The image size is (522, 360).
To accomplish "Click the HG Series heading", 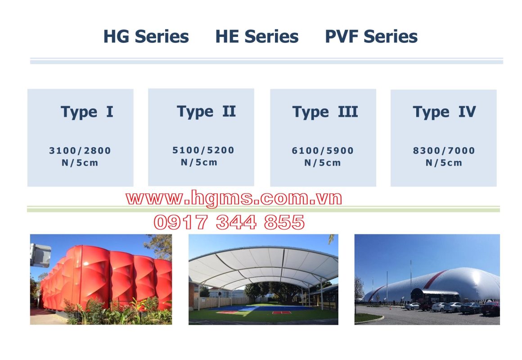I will (146, 36).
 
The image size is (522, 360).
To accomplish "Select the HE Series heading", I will (256, 36).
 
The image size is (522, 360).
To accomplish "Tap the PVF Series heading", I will (371, 36).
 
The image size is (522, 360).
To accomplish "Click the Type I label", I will (87, 112).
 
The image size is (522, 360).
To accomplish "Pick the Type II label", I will (206, 111).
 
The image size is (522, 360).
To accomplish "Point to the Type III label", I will (325, 112).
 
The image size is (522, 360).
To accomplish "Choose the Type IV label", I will (444, 112).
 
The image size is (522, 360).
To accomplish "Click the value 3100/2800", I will (80, 151).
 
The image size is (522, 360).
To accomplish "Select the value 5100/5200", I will (203, 150).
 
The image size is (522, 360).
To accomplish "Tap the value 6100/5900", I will (323, 151).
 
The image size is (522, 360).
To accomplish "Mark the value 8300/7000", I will (444, 151).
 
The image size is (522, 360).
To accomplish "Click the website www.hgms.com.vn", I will (234, 198).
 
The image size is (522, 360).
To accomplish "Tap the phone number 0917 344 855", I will (229, 222).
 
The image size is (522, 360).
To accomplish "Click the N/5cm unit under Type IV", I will (444, 163).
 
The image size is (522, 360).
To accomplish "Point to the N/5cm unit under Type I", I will (80, 163).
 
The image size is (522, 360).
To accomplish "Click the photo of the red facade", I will (101, 279).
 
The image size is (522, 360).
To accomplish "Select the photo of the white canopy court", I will (263, 279).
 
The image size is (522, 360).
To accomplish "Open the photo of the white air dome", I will (427, 279).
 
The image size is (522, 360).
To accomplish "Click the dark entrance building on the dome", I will (435, 295).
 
